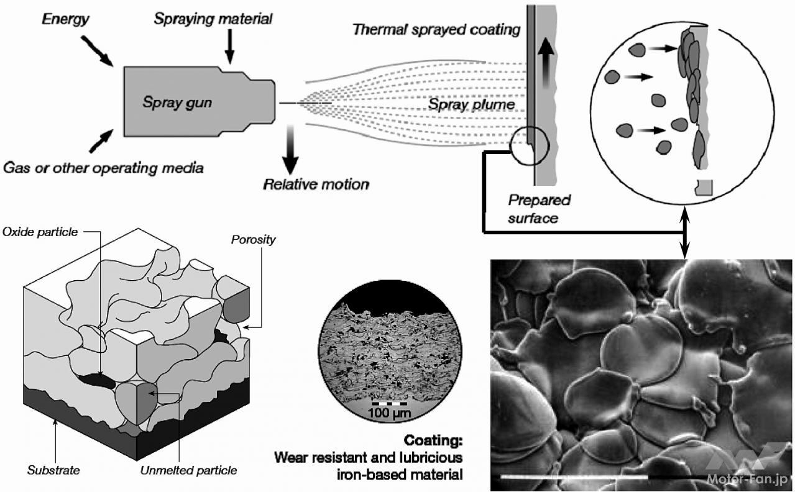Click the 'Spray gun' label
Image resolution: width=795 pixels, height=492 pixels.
point(177,102)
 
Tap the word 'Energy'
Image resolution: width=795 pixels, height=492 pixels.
point(65,19)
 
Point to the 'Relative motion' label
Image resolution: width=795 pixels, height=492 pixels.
point(316,184)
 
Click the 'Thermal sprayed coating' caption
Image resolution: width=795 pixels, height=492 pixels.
point(436,29)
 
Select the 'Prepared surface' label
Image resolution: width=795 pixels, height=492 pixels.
point(539,209)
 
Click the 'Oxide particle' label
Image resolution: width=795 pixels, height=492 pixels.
point(40,232)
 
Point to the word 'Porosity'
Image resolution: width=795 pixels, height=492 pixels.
point(253,239)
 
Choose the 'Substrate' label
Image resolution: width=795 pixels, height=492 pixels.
point(53,470)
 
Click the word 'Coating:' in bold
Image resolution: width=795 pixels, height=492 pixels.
point(433,441)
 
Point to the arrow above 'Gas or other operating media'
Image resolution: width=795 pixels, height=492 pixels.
point(99,142)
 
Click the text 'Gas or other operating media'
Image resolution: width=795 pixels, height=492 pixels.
point(104,168)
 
